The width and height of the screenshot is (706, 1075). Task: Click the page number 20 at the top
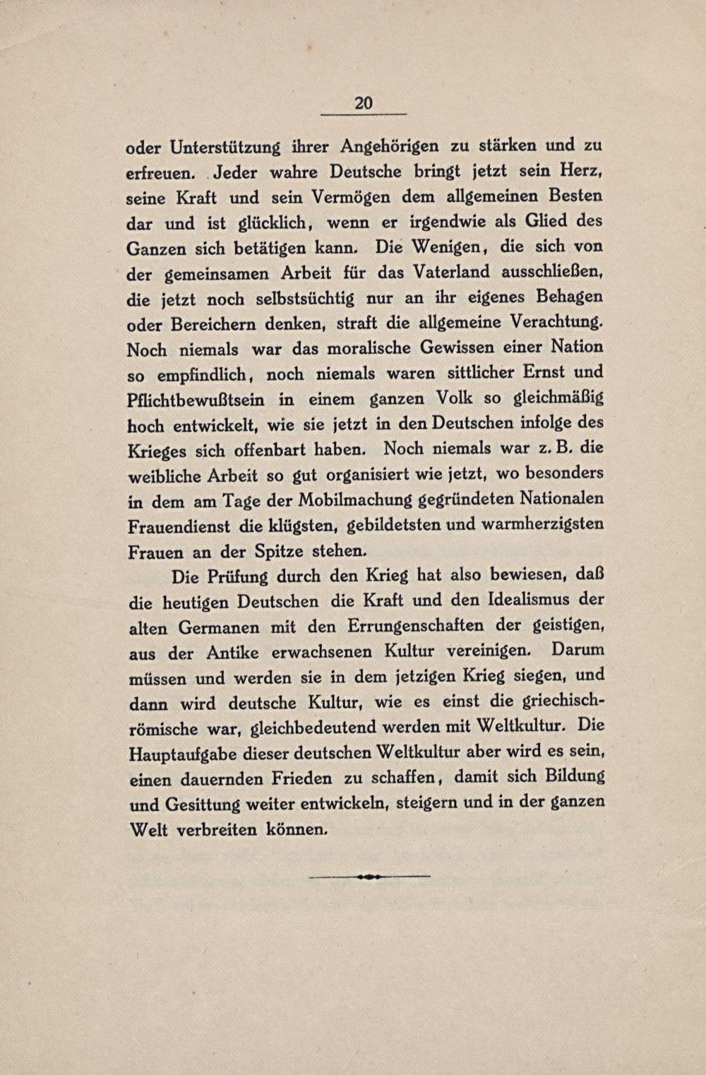coord(363,103)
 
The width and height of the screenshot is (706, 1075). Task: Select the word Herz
coord(580,172)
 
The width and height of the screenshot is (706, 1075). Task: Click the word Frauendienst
coord(179,527)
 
